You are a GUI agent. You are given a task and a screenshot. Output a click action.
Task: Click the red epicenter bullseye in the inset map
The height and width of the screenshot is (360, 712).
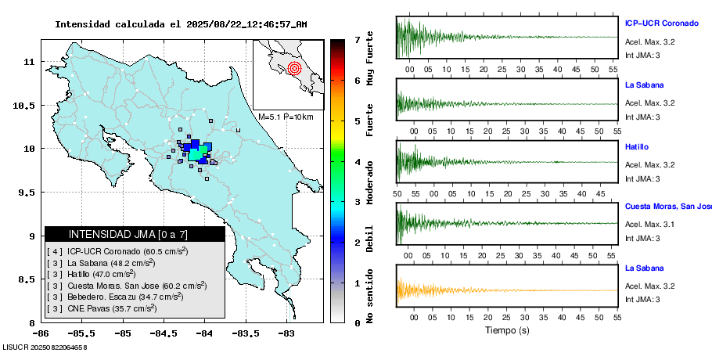[294, 68]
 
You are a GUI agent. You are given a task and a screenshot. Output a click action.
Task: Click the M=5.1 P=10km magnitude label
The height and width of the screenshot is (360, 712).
[286, 117]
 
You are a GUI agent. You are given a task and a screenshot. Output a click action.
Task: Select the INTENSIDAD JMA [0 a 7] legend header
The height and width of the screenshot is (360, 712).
[134, 234]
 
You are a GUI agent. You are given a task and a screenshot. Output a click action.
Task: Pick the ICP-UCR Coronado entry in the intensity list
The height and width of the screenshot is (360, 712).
[117, 251]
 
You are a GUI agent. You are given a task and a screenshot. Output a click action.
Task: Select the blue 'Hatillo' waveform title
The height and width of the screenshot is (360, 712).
[637, 147]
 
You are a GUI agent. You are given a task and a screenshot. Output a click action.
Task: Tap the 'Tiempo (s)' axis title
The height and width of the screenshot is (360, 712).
[507, 329]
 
